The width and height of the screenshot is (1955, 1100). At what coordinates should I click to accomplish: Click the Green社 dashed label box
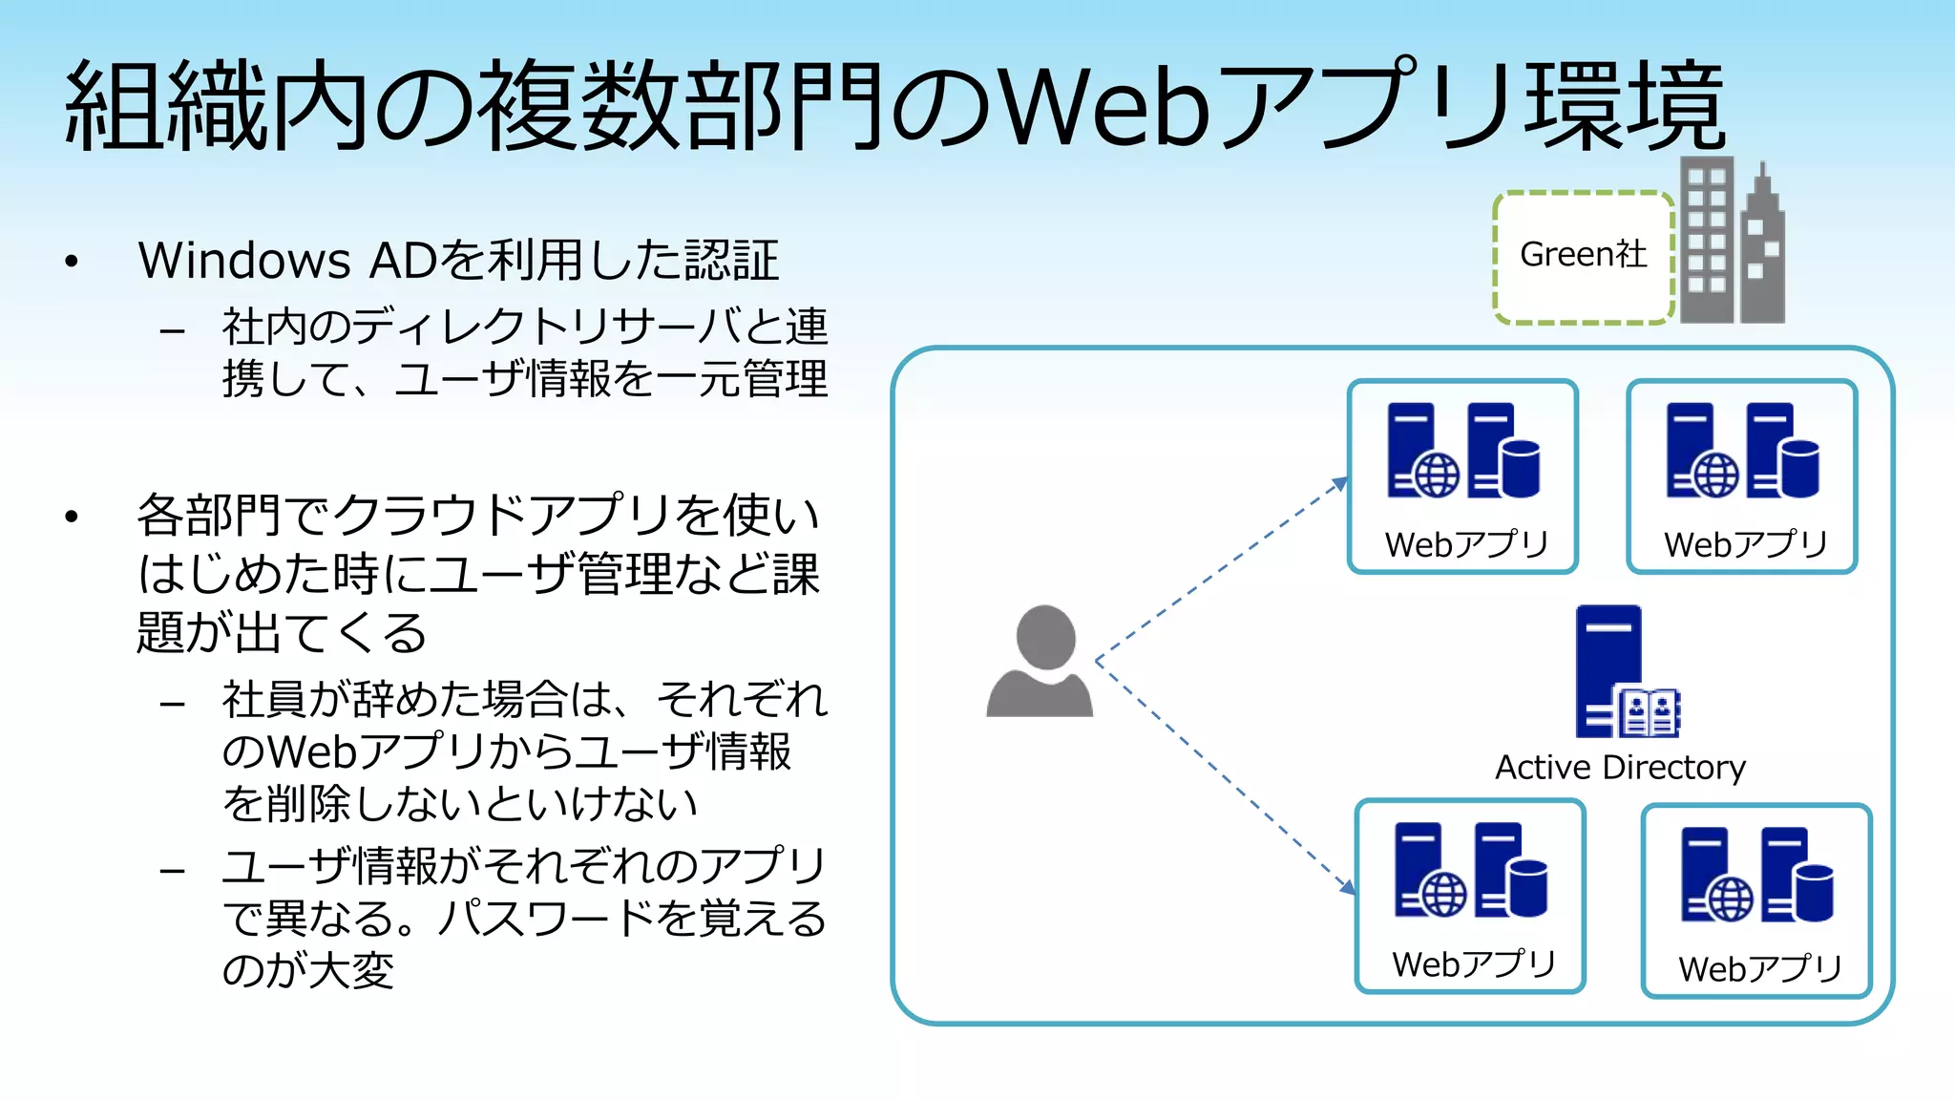tap(1583, 257)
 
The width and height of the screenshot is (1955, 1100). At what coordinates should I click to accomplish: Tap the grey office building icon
tap(1732, 243)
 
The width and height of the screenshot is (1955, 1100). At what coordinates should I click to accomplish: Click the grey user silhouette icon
tap(1041, 662)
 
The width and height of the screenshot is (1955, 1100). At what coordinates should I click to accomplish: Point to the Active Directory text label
tap(1620, 768)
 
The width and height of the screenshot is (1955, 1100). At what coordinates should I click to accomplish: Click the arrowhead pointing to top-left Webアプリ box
tap(1341, 483)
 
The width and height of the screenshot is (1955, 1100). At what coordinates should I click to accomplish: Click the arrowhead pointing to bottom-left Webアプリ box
tap(1348, 887)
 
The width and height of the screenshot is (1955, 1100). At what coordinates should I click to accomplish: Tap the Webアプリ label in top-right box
tap(1744, 545)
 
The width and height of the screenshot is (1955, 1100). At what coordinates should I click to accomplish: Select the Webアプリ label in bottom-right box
tap(1759, 969)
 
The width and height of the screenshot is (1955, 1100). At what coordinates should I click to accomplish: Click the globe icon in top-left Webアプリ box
tap(1437, 475)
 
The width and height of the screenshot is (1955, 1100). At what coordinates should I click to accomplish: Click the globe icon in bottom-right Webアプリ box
tap(1730, 899)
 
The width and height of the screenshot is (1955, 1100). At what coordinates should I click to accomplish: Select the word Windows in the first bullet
tap(244, 261)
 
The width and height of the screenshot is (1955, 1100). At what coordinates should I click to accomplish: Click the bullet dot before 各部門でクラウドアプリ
tap(72, 518)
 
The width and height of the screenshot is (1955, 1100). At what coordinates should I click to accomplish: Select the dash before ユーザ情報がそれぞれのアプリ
tap(173, 871)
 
